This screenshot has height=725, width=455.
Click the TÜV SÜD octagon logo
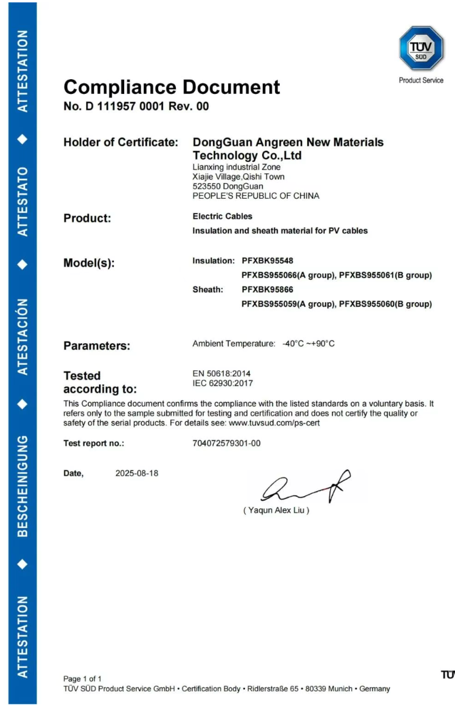[421, 49]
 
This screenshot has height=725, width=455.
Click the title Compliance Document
[172, 87]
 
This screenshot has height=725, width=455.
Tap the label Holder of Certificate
[121, 143]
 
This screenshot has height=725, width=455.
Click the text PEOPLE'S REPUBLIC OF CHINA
[256, 196]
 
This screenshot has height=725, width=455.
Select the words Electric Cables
[222, 216]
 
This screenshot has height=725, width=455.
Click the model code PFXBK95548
[267, 260]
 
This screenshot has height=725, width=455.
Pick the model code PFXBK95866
[267, 290]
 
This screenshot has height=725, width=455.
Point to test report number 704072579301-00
[222, 443]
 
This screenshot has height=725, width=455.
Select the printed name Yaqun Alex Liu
[276, 510]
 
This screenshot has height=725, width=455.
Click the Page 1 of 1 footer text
[83, 679]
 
